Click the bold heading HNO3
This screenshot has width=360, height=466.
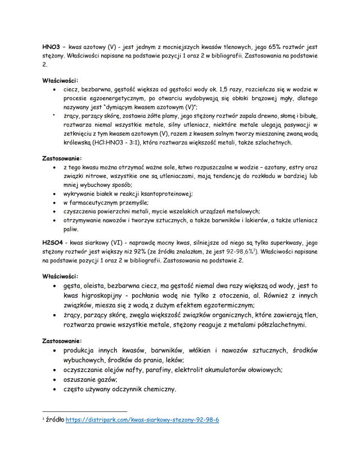coord(52,47)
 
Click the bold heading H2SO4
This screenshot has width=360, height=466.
coord(53,241)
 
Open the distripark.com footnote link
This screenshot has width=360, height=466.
coord(142,420)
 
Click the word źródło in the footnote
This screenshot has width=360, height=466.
coord(54,420)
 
